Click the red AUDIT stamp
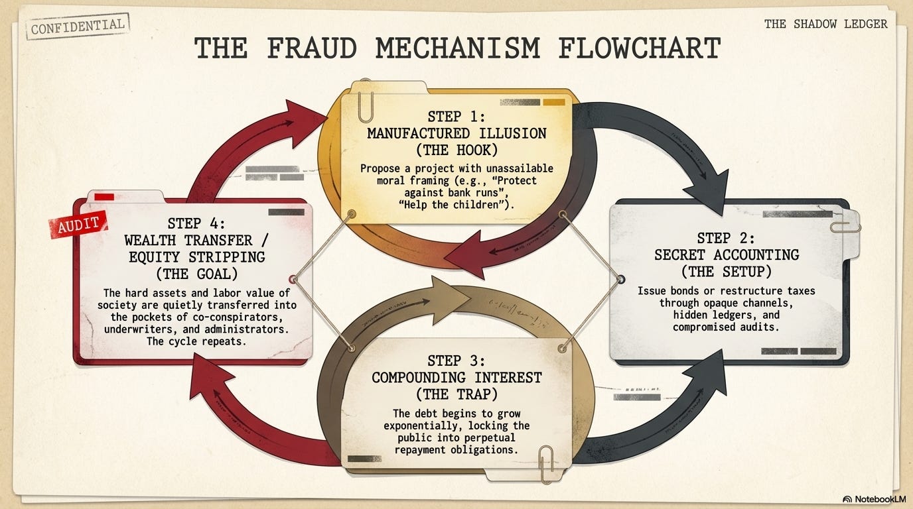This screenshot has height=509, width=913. point(78,225)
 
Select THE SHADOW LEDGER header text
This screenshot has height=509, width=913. point(825,24)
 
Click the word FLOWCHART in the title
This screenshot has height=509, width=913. point(638,49)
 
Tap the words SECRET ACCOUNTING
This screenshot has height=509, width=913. point(726,254)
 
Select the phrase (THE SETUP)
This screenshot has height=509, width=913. point(726,271)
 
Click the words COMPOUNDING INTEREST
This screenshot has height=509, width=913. point(456,378)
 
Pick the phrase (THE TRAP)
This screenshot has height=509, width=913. point(456,394)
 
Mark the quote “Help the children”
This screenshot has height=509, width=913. point(456,204)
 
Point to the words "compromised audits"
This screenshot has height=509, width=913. point(726,327)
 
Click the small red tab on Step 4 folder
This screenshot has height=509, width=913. point(104,197)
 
